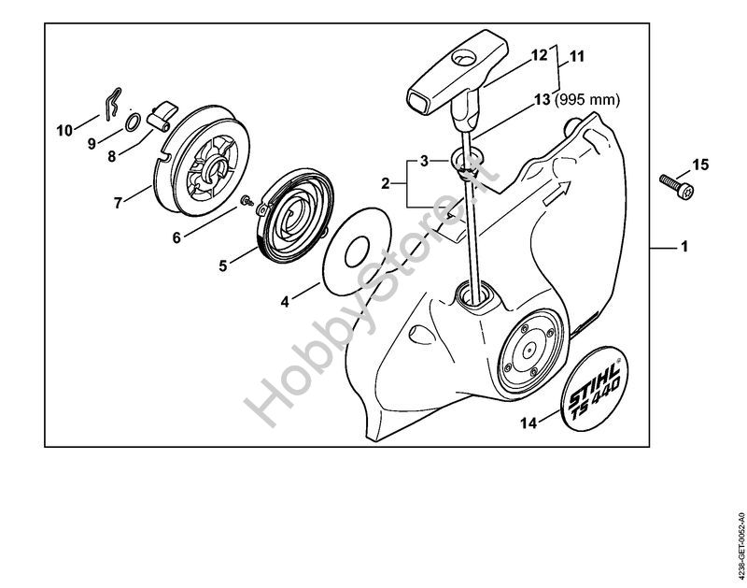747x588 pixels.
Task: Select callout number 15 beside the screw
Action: pyautogui.click(x=700, y=166)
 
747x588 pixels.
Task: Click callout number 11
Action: pyautogui.click(x=576, y=56)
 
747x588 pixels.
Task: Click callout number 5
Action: pyautogui.click(x=223, y=265)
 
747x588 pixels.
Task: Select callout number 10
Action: pyautogui.click(x=64, y=130)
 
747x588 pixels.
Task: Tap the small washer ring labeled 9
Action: pyautogui.click(x=134, y=122)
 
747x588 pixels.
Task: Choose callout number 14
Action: pyautogui.click(x=527, y=423)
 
